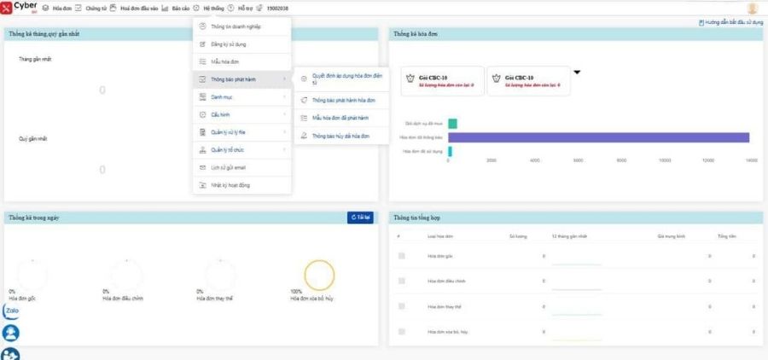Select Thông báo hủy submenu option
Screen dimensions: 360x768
(x=340, y=136)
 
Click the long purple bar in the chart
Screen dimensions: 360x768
(x=597, y=137)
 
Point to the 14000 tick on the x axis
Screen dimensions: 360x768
(x=751, y=160)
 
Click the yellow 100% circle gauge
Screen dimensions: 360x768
(x=319, y=275)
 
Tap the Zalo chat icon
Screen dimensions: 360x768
(x=12, y=311)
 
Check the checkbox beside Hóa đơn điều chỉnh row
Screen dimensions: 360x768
(x=402, y=280)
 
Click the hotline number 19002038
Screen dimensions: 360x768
(x=277, y=8)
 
